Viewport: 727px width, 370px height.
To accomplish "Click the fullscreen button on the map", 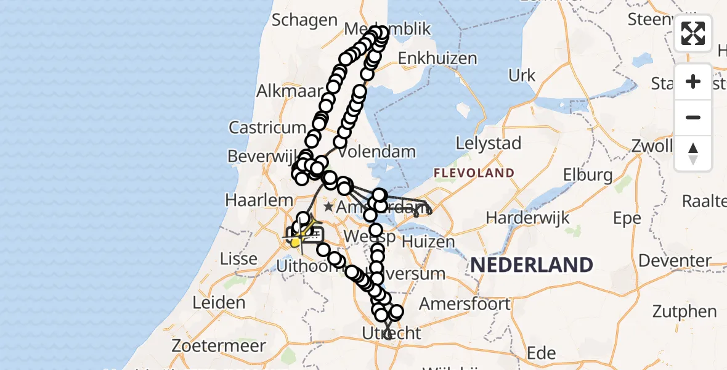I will (x=693, y=33).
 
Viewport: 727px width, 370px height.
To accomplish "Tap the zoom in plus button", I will (x=693, y=81).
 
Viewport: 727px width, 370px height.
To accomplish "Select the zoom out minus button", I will (x=693, y=117).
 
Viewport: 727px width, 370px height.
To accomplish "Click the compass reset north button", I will (x=693, y=153).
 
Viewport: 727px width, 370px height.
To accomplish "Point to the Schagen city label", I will (x=304, y=20).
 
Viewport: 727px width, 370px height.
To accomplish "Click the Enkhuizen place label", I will (x=437, y=59).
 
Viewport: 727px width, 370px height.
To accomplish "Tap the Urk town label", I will (x=522, y=75).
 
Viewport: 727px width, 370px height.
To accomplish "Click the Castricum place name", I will (x=267, y=128).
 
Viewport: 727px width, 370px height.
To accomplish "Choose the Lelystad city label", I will (x=488, y=144).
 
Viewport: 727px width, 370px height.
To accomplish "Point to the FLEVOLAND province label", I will (x=474, y=173).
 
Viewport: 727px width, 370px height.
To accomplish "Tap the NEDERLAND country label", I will (x=532, y=265).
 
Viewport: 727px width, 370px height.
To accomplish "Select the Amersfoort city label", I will (x=465, y=303).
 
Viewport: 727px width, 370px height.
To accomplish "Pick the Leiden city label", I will (x=219, y=303).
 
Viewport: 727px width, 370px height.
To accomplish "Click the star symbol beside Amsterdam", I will (x=328, y=207).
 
